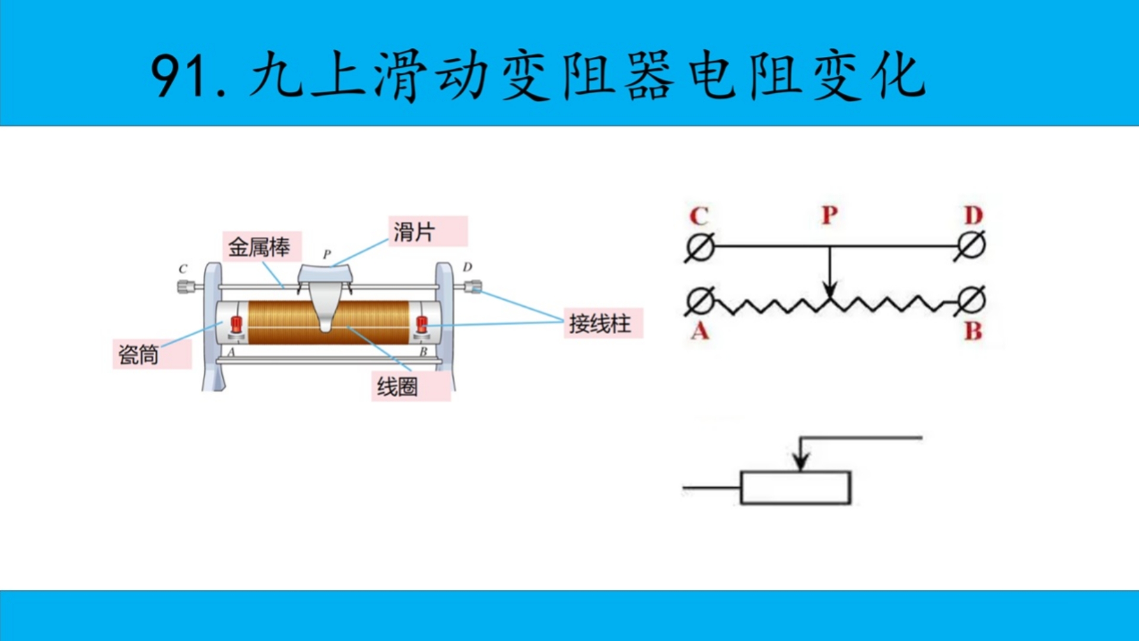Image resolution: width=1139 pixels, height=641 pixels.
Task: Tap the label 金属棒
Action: click(x=259, y=247)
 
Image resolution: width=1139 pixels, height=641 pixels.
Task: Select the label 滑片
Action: click(x=415, y=231)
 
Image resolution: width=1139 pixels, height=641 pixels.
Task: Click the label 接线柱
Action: click(x=600, y=323)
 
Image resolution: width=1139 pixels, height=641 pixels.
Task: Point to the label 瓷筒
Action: click(x=139, y=354)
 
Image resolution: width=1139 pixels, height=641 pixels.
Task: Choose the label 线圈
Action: click(x=397, y=386)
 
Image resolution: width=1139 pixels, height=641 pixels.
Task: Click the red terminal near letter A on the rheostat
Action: click(x=237, y=325)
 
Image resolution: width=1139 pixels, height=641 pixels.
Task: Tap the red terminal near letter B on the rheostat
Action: click(x=422, y=324)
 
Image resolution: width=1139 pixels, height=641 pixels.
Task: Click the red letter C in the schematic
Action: click(x=699, y=216)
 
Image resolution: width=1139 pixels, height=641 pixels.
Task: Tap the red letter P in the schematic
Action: click(x=829, y=215)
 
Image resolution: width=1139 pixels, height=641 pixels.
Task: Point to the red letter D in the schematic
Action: click(x=973, y=215)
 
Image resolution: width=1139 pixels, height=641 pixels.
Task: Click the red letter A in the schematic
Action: click(x=700, y=330)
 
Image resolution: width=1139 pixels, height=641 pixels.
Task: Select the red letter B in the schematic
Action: click(x=973, y=331)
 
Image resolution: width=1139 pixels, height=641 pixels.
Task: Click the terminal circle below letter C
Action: click(x=700, y=246)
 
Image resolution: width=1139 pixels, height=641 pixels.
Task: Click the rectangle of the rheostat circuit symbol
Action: click(x=796, y=488)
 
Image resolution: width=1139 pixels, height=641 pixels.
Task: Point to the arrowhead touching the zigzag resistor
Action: click(x=830, y=291)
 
